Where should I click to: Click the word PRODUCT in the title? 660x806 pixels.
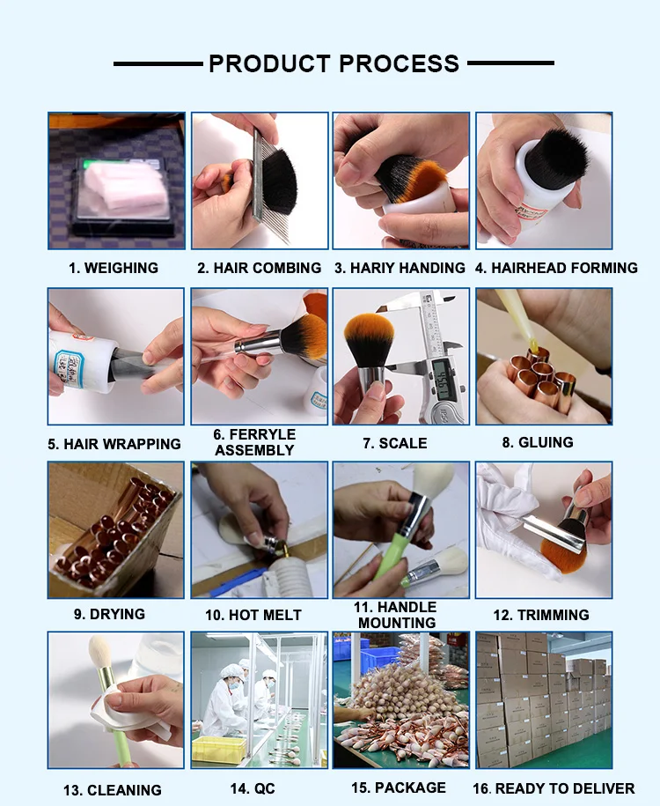(x=269, y=63)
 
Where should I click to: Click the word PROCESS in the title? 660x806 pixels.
(x=400, y=63)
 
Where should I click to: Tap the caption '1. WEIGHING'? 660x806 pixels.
(x=114, y=268)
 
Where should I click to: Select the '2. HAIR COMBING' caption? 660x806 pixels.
(x=260, y=268)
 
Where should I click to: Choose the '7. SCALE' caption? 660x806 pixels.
(x=395, y=443)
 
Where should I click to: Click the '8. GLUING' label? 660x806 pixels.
(x=538, y=442)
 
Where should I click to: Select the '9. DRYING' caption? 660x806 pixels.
(x=109, y=614)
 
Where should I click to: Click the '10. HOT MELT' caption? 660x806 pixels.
(x=253, y=615)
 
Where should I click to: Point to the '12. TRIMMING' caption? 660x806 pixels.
(x=541, y=615)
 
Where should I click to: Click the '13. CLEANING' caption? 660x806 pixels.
(x=113, y=790)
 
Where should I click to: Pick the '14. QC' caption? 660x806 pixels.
(x=253, y=788)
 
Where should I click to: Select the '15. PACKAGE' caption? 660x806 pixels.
(x=399, y=788)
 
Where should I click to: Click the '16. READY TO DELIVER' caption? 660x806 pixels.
(x=554, y=788)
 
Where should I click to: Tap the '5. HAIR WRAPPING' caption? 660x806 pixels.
(x=114, y=444)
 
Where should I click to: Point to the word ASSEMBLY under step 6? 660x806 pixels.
(x=254, y=450)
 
